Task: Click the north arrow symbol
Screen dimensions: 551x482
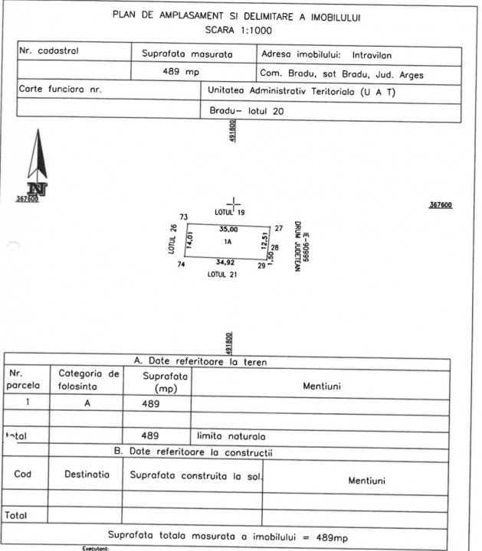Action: (34, 165)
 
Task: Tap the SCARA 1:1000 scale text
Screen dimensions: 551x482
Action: (238, 31)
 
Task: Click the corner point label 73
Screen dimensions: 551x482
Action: (183, 217)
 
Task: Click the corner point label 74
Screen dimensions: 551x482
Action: (182, 265)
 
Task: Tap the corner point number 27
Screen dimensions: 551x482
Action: (279, 227)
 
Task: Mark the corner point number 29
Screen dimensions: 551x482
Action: (261, 266)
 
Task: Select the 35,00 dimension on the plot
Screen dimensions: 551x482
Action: (228, 229)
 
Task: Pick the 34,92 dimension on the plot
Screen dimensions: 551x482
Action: (225, 262)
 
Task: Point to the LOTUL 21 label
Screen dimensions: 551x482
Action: (225, 272)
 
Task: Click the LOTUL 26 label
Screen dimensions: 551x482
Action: (174, 239)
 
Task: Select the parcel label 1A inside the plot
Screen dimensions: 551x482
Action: (228, 242)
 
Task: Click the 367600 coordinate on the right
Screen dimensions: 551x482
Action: (441, 205)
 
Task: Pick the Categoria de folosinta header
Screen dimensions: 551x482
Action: (88, 380)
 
